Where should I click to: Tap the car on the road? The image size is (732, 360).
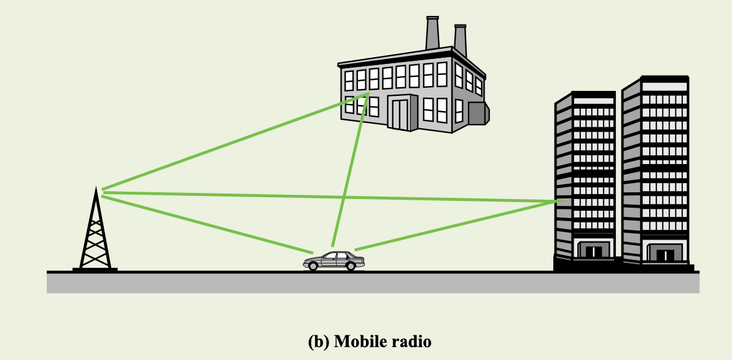click(334, 261)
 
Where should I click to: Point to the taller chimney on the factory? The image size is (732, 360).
click(432, 33)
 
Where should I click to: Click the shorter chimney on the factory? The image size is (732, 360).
click(461, 41)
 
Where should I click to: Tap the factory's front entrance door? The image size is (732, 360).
click(400, 113)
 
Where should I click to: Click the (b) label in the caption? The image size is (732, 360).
click(319, 342)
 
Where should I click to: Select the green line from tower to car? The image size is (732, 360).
click(207, 225)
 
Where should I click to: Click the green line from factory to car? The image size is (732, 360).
click(350, 170)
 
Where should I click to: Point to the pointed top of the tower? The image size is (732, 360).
click(96, 188)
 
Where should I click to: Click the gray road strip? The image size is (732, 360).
click(373, 283)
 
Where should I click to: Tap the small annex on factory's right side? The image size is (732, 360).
click(478, 113)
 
